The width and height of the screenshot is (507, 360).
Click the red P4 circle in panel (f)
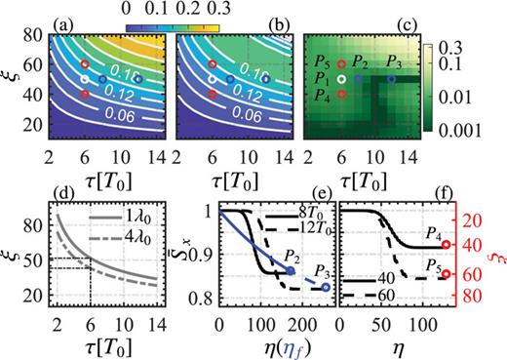tap(446, 245)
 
